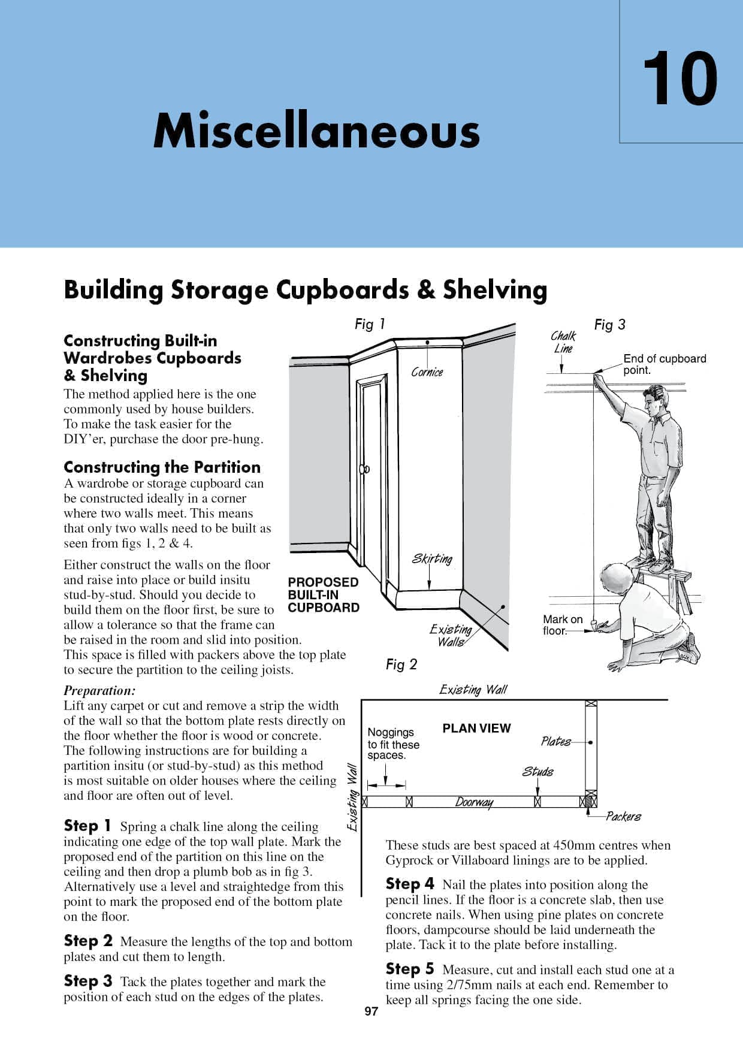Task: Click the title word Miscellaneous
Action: pos(316,131)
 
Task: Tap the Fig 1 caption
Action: pos(370,324)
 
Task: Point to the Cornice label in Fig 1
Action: pos(427,372)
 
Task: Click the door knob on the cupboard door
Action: pos(364,469)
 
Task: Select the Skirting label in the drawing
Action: pos(431,558)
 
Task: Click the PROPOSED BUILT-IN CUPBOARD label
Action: pos(323,594)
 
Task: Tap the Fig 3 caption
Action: pos(609,324)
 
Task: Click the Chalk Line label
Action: pos(563,342)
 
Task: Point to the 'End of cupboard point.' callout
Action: pos(665,364)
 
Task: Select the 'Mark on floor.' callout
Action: pos(562,624)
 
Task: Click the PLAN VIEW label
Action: pos(476,728)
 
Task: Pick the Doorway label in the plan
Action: pos(474,802)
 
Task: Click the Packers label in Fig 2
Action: pos(623,816)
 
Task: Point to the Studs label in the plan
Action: pos(537,771)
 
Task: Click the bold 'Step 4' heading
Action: pos(410,884)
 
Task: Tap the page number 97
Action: pos(371,1011)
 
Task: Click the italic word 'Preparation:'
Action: pos(99,690)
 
